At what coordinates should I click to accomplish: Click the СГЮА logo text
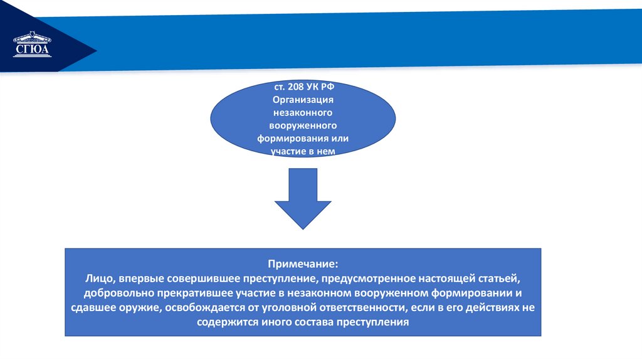point(32,51)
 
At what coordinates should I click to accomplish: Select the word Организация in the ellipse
point(302,100)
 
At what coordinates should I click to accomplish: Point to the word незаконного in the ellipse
point(302,112)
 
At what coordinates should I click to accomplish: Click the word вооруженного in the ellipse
point(302,125)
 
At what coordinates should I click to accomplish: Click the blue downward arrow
point(303,198)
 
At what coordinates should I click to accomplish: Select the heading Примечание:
point(303,264)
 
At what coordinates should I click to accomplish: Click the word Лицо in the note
point(98,278)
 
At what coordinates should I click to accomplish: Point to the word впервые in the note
point(142,278)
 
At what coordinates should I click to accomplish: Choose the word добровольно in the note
point(115,294)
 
